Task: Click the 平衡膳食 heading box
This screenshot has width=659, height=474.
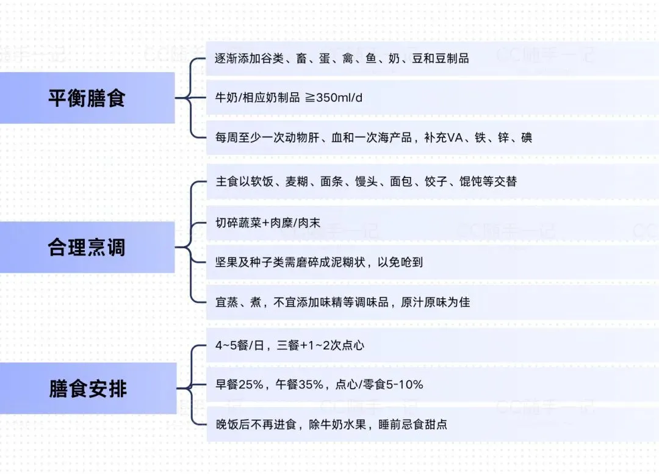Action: point(87,98)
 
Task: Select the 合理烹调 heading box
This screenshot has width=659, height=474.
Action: point(87,247)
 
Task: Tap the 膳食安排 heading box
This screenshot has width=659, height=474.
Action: point(88,388)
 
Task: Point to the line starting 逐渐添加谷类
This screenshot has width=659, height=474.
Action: point(342,59)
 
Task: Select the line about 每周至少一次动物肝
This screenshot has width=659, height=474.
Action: point(373,138)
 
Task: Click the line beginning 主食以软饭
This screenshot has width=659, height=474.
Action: point(366,182)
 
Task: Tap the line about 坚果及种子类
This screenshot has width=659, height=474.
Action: point(319,262)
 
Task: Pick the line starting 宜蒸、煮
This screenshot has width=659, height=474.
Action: point(342,302)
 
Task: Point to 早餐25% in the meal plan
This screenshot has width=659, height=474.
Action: point(239,385)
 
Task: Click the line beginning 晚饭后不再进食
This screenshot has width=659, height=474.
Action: point(331,424)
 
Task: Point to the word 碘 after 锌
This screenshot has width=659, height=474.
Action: point(526,138)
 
